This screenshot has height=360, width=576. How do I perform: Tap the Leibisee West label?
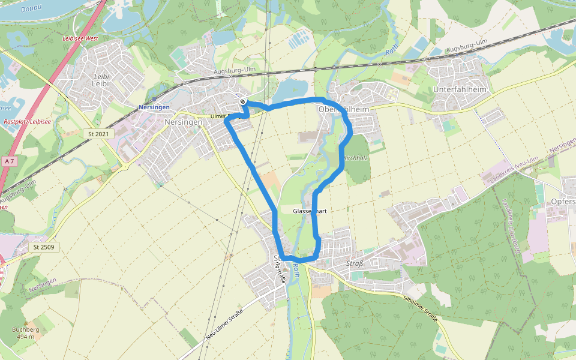pos(80,38)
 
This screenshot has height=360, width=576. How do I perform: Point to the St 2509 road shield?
pos(44,247)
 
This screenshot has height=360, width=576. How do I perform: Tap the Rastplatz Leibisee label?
pos(27,121)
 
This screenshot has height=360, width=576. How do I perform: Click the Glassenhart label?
pos(310,212)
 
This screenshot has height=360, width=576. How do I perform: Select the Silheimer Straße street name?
pos(421,305)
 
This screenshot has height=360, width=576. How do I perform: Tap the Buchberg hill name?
pos(26,329)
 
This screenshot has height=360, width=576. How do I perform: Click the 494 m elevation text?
pos(26,337)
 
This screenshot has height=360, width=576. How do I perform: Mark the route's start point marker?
pos(243,101)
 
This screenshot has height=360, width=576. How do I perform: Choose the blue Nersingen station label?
pos(154,107)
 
